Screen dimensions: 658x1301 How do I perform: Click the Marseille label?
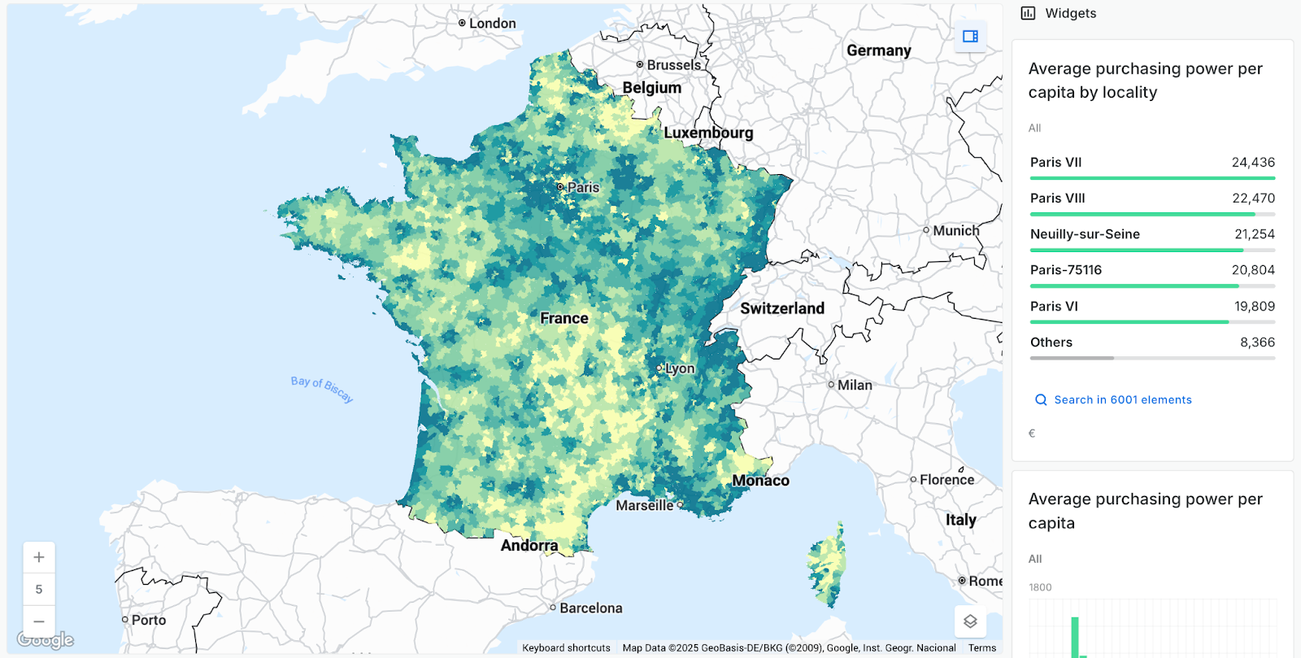click(x=644, y=506)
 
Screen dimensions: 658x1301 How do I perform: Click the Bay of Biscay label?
click(x=322, y=389)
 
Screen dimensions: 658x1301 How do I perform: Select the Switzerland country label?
click(x=781, y=309)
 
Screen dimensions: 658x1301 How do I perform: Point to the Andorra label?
click(x=529, y=546)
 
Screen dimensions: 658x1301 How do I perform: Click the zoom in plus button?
click(x=39, y=558)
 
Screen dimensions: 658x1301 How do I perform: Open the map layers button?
click(x=970, y=621)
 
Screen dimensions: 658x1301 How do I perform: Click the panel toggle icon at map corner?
click(x=970, y=37)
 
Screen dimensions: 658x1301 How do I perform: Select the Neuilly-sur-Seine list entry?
click(x=1085, y=234)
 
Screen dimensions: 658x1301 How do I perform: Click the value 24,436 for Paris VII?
click(x=1253, y=163)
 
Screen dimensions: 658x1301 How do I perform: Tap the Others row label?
click(x=1051, y=342)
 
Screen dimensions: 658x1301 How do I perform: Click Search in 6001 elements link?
click(x=1122, y=400)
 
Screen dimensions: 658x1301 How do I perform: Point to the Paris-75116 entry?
click(x=1066, y=270)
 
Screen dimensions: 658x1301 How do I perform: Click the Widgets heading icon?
click(x=1029, y=13)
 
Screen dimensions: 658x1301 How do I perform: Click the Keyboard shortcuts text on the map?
click(x=566, y=648)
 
